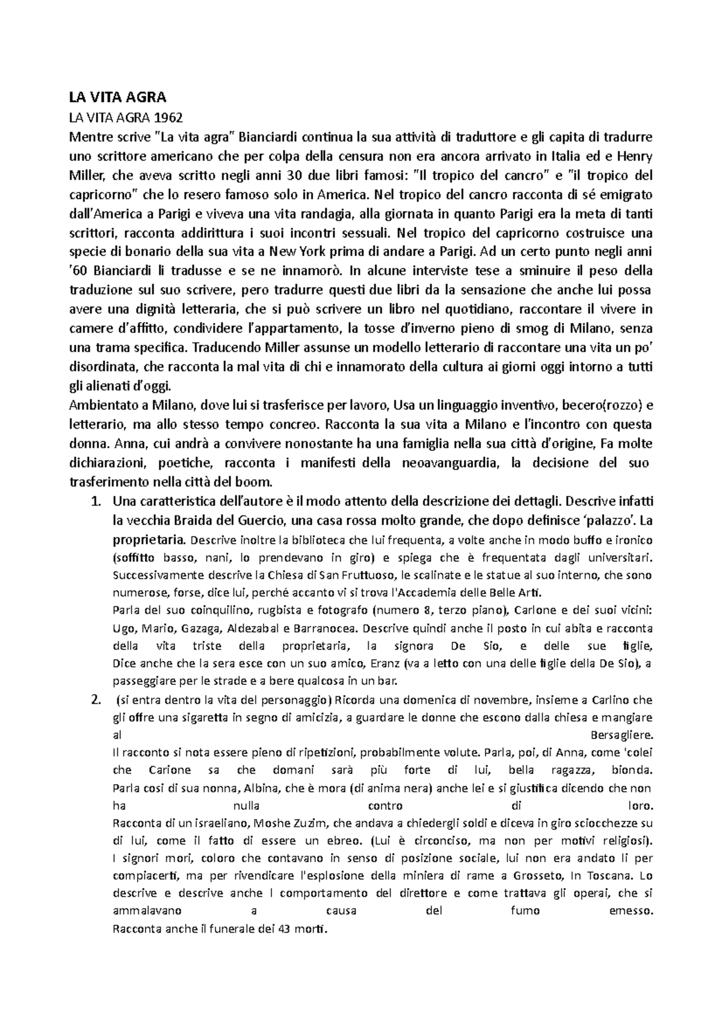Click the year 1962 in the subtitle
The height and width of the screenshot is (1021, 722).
point(169,117)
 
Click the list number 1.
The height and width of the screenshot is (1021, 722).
point(94,501)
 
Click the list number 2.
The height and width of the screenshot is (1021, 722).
point(94,700)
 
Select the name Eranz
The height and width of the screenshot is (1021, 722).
point(386,664)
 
